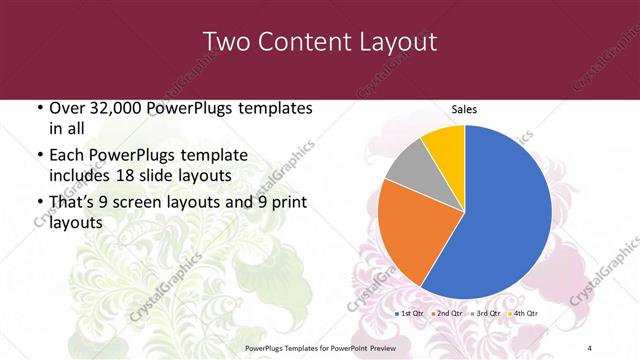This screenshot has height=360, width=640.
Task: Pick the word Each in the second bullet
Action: pyautogui.click(x=67, y=157)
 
